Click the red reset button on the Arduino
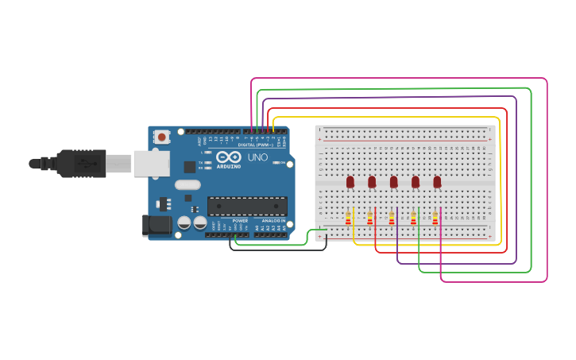(162, 137)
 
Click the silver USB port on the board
(151, 163)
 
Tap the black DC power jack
(157, 225)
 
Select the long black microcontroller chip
(247, 207)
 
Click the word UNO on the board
(257, 157)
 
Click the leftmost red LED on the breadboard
(350, 182)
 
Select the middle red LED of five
(393, 182)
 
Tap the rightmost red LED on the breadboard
(437, 182)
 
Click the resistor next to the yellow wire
(348, 218)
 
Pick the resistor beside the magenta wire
(435, 218)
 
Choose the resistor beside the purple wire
(392, 218)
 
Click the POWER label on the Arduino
(240, 221)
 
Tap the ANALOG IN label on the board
(274, 221)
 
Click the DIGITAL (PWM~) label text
(255, 145)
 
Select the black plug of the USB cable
(80, 164)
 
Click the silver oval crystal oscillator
(188, 185)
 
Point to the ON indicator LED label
(281, 163)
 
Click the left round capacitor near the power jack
(184, 223)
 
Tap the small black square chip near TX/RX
(190, 167)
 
